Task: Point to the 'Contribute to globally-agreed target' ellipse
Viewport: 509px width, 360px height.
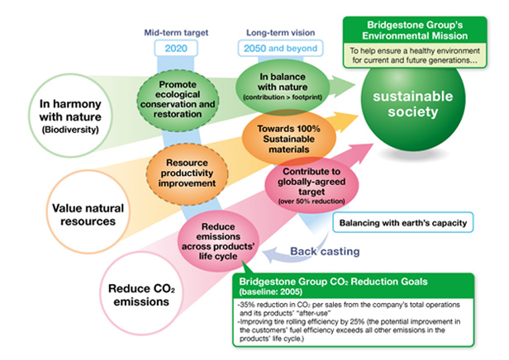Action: pos(303,187)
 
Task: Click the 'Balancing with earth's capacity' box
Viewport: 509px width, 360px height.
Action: pos(402,222)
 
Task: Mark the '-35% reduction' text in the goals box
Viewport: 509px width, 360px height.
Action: pos(264,307)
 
